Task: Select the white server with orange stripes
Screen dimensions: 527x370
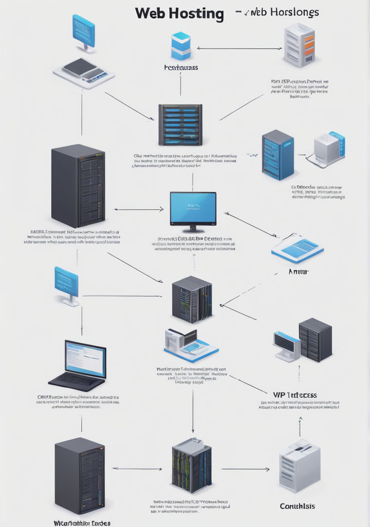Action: tap(299, 45)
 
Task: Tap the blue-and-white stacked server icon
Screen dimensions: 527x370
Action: tap(181, 46)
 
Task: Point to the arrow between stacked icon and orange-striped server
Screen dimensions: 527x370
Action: tap(239, 48)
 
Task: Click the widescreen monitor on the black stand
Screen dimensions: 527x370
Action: tap(193, 209)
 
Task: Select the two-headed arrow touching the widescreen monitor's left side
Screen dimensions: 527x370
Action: tap(138, 209)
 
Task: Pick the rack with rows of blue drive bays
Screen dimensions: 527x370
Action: tap(180, 125)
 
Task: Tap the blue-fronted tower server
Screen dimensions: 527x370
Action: tap(277, 154)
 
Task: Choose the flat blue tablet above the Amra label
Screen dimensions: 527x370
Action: tap(298, 249)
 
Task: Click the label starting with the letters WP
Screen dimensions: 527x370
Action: tap(294, 395)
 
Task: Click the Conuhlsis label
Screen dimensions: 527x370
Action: tap(298, 506)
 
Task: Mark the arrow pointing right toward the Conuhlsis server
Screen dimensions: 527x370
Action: tap(245, 469)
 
